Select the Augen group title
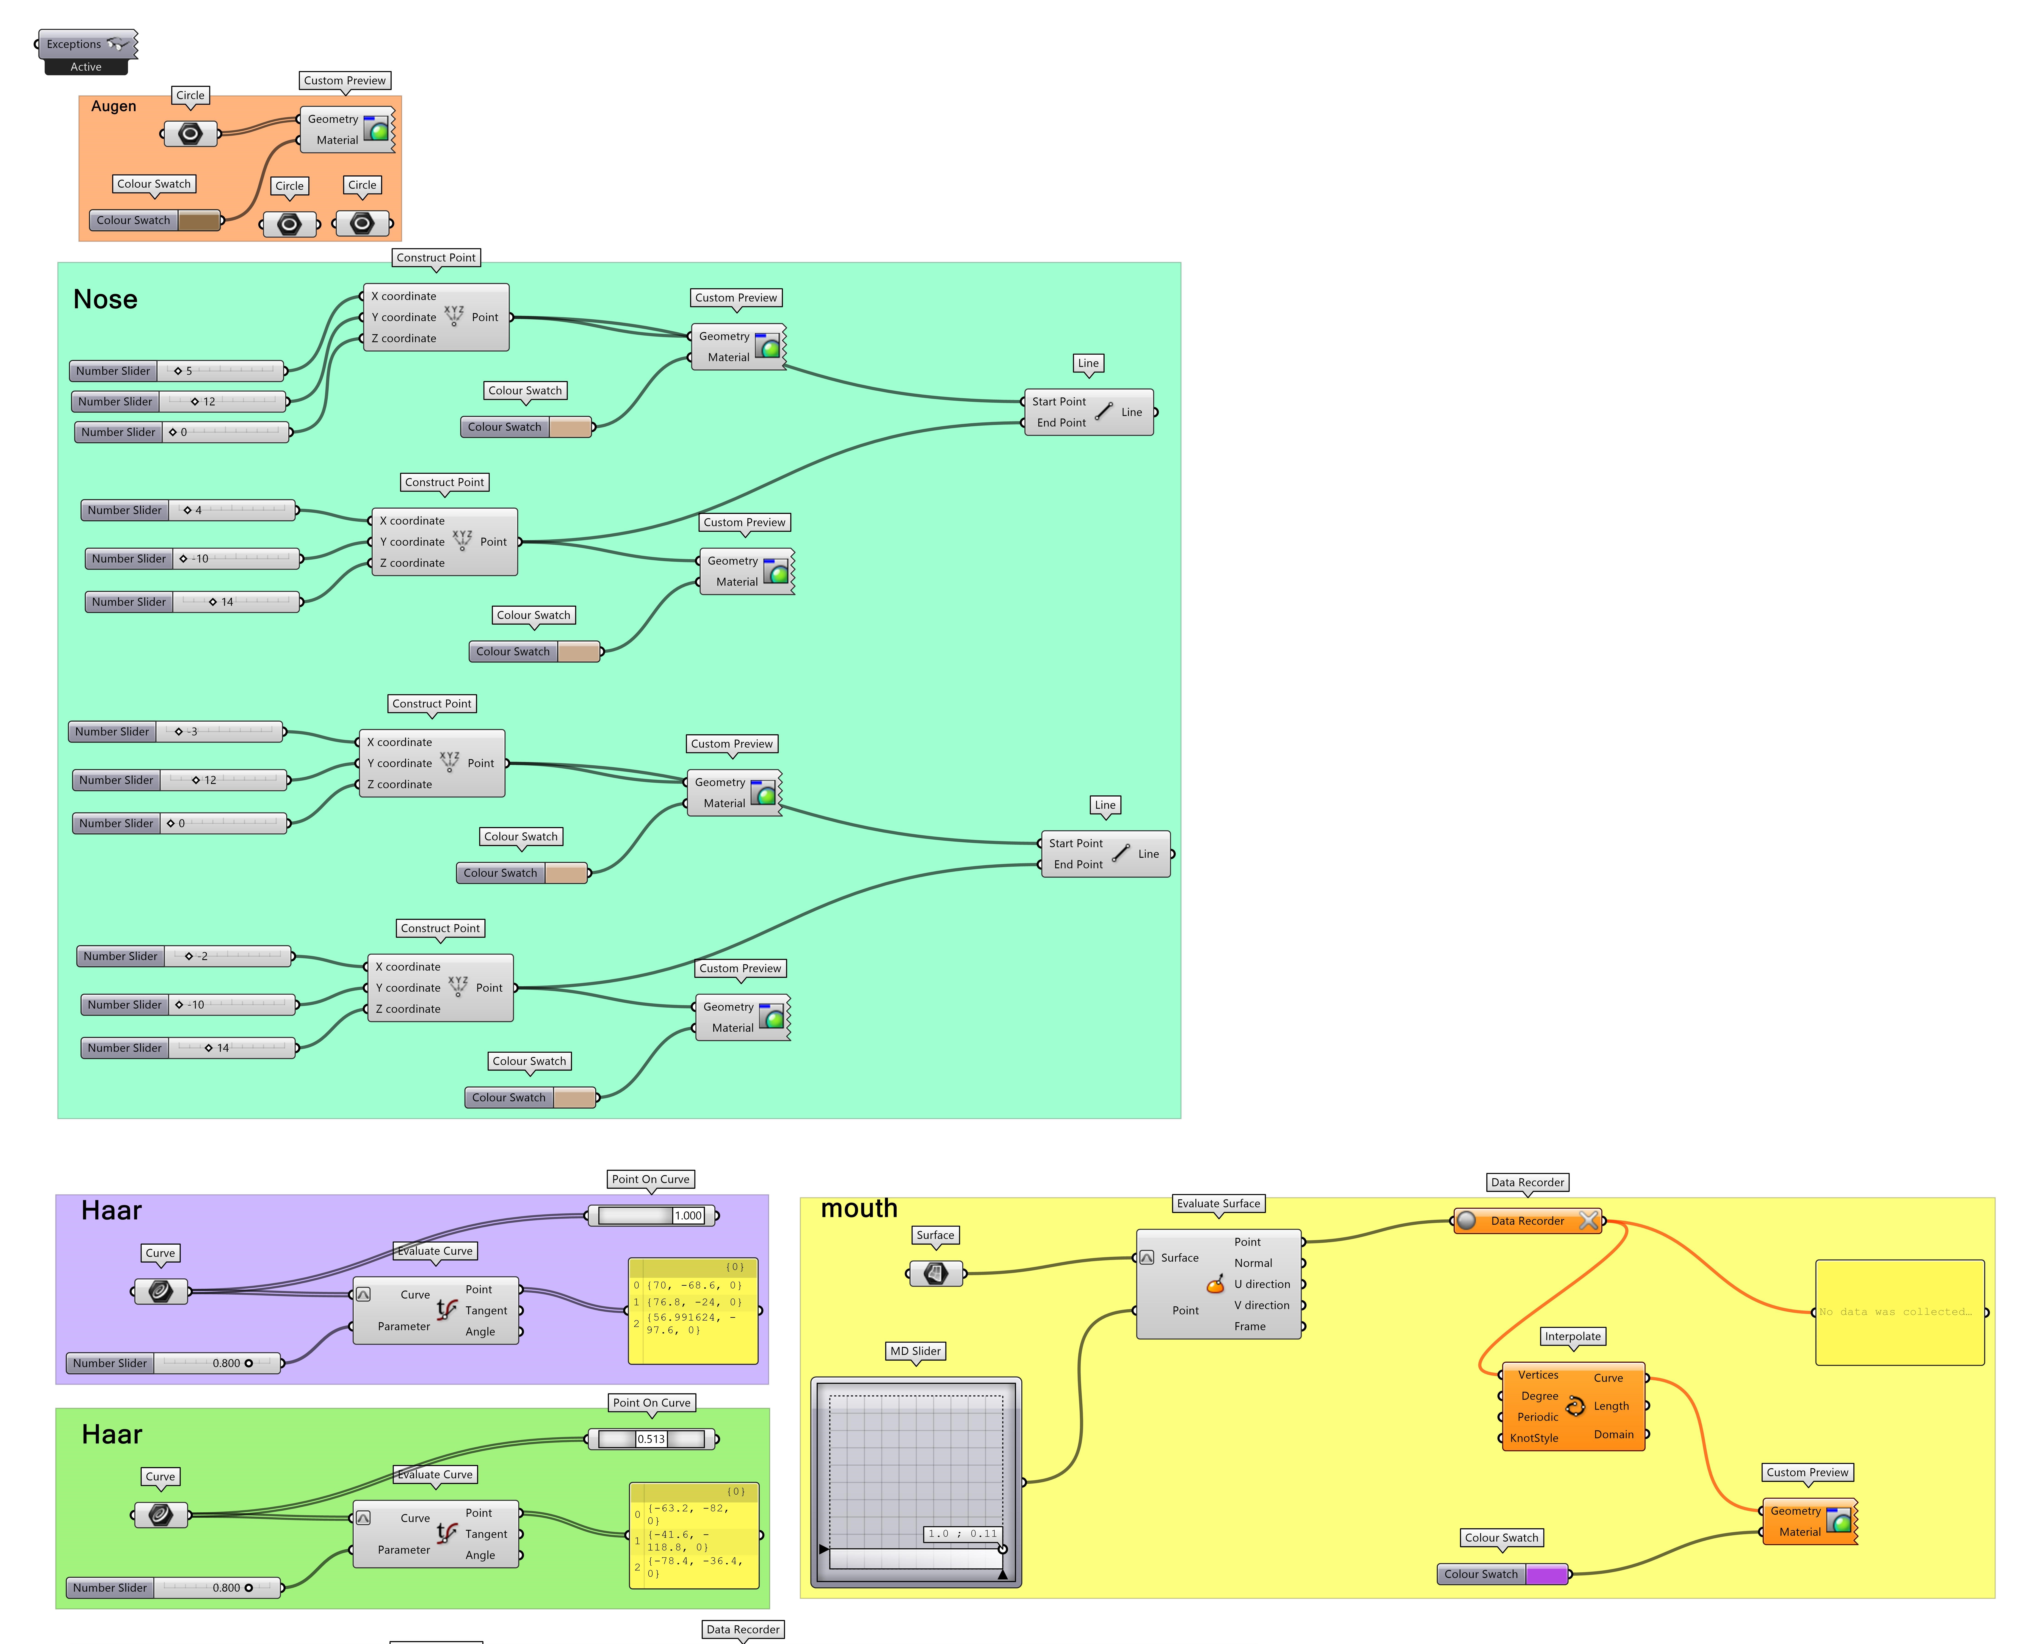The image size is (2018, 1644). click(114, 106)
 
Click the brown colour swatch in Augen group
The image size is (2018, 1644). click(199, 221)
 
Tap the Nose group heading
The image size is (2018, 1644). click(105, 299)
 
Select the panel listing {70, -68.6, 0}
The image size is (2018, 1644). click(693, 1312)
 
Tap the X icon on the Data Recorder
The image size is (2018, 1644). click(1588, 1221)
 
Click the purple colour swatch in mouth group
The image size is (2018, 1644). click(1545, 1574)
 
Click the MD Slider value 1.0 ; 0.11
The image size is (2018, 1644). click(961, 1533)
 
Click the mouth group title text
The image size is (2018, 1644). click(858, 1208)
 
